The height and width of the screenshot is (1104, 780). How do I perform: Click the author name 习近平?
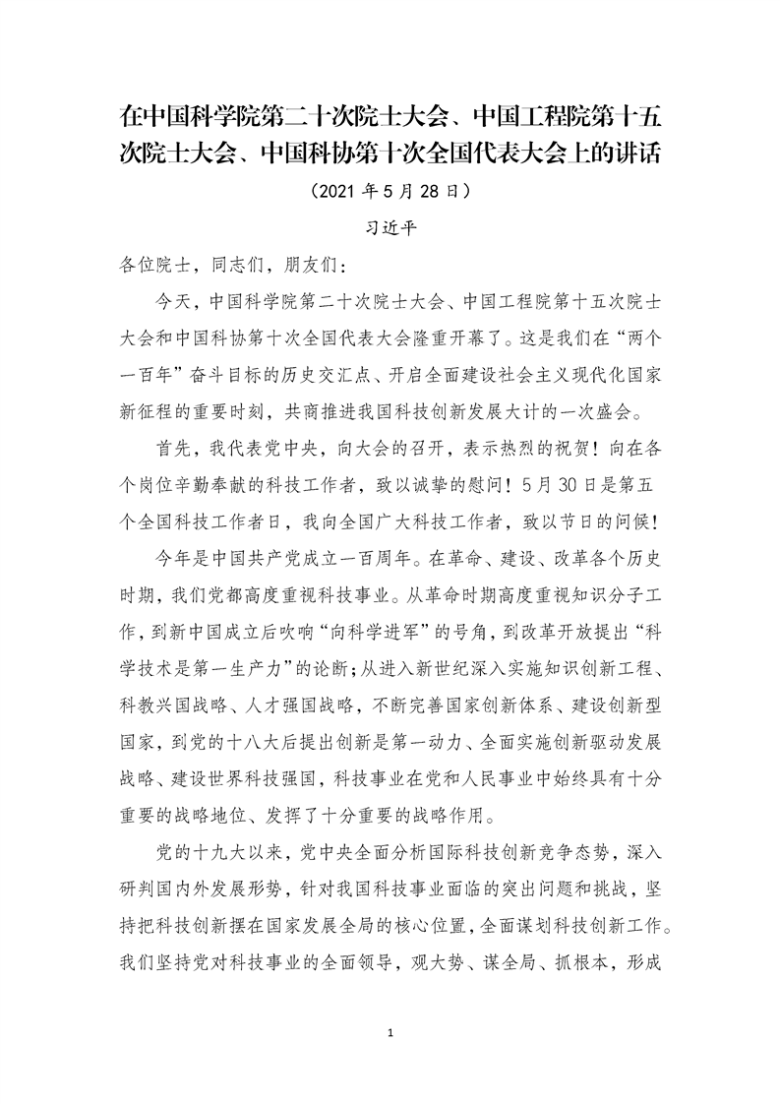tap(390, 225)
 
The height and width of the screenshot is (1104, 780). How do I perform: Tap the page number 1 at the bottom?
tap(391, 1032)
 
